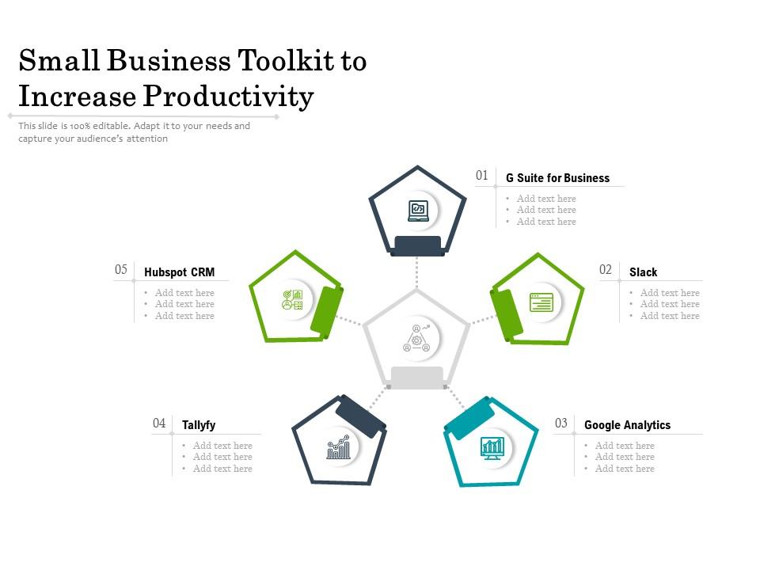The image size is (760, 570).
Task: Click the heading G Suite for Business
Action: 557,178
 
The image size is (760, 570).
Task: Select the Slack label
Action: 643,272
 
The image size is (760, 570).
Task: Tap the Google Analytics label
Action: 627,425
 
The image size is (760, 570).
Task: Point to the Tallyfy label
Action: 199,425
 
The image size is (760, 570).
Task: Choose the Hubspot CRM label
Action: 179,272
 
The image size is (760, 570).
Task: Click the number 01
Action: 482,176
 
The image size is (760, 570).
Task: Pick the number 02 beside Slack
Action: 606,270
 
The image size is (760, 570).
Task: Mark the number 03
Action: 561,423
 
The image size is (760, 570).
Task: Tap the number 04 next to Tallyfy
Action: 159,423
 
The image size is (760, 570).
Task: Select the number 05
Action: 121,270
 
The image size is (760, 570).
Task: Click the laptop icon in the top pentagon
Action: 417,211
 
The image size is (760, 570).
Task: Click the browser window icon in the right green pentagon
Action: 541,302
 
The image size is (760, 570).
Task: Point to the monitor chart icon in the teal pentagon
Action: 492,447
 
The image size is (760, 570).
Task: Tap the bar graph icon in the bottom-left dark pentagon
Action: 338,448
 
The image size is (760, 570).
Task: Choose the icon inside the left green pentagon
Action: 292,300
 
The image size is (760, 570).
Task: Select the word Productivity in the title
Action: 229,97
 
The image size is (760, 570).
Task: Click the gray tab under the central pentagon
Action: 416,378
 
